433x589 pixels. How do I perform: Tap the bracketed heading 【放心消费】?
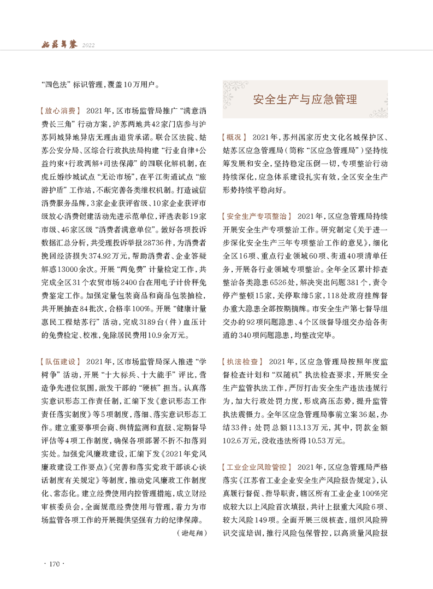coord(60,110)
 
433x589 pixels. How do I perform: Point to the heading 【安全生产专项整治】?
coord(256,216)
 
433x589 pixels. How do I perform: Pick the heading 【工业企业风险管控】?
coord(256,466)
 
